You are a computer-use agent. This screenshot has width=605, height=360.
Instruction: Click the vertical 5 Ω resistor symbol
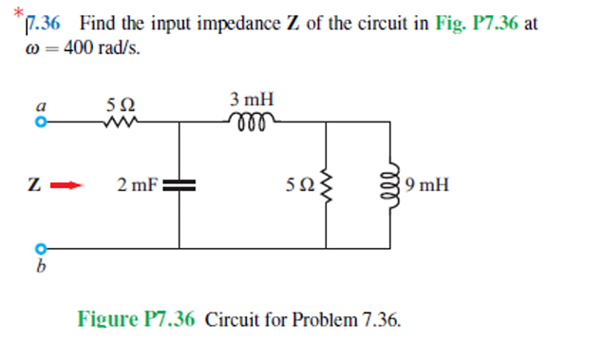[327, 185]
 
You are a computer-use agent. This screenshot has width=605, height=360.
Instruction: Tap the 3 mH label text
[252, 99]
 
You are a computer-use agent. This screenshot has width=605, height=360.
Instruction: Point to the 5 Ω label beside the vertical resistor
[300, 185]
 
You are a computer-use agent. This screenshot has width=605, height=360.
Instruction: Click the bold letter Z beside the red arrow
[36, 185]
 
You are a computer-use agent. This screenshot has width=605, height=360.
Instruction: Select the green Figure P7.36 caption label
[136, 319]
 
